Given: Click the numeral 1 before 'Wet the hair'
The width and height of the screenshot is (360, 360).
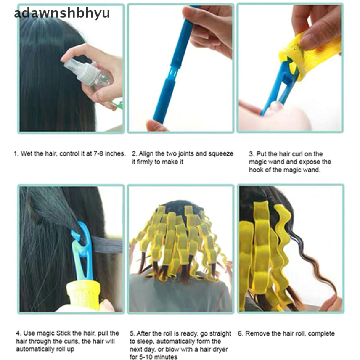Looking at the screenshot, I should pyautogui.click(x=15, y=154).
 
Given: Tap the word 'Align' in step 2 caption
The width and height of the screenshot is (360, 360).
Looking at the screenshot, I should pyautogui.click(x=146, y=154).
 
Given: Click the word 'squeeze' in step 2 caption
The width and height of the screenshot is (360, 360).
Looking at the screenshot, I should pyautogui.click(x=221, y=154).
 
